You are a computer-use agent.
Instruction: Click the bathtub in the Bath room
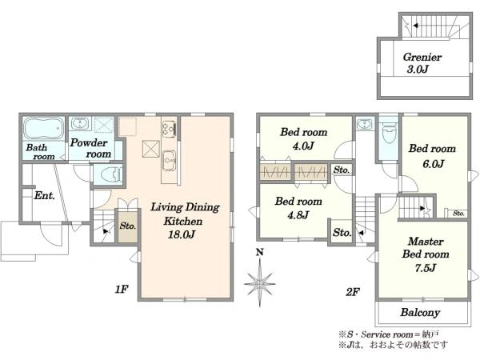coord(44,129)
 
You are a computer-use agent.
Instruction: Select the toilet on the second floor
coord(389,134)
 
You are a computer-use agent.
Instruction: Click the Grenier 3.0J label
coord(422,62)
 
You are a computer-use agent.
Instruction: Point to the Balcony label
coord(420,312)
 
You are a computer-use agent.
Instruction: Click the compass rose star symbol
coord(259,283)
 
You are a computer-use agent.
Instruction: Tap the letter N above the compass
coord(259,252)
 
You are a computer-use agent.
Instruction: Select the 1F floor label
coord(122,289)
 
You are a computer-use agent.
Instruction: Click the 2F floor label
coord(352,292)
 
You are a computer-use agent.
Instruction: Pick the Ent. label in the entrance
coord(44,195)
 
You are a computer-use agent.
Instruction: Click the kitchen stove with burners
coord(169,129)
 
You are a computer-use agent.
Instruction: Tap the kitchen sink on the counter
coord(169,161)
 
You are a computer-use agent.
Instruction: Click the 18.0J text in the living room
coord(182,234)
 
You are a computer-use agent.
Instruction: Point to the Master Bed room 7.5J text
coord(426,254)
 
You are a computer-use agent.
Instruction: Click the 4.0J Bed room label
coord(303,138)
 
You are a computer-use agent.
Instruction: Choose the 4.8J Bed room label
coord(298,208)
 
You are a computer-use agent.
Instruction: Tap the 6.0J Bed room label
coord(432,156)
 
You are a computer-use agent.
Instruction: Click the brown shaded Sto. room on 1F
coord(128,226)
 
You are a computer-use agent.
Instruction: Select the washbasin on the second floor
coord(364,124)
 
